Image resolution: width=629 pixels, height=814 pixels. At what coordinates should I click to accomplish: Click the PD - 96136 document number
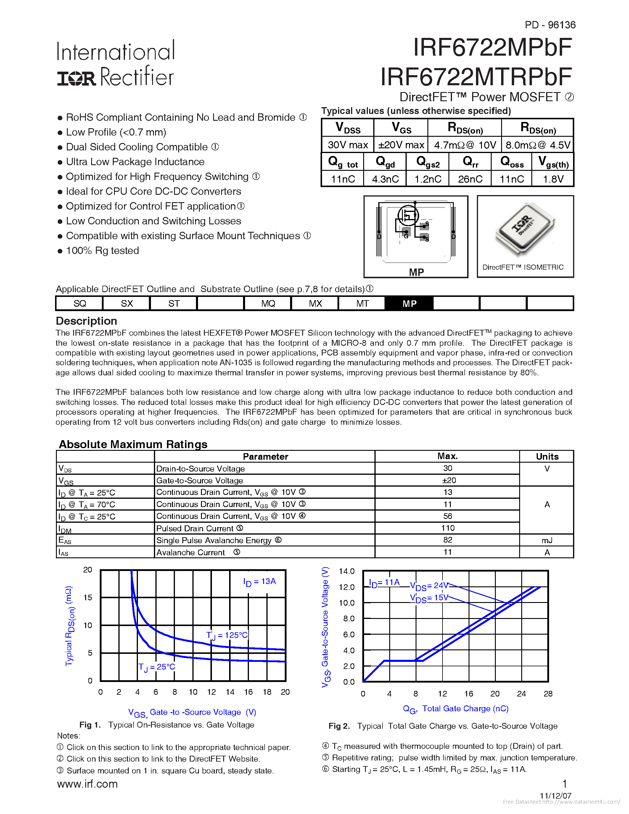pos(550,25)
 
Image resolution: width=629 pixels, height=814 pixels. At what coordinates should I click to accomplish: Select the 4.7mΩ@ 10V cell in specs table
pos(465,145)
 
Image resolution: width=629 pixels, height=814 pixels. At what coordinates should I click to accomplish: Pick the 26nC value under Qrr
pos(470,179)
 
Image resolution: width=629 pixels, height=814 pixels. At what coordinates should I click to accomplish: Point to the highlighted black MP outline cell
pos(409,303)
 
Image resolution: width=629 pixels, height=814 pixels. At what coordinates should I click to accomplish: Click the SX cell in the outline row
pos(127,303)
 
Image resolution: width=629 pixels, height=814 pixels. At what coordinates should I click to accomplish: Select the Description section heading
pos(86,321)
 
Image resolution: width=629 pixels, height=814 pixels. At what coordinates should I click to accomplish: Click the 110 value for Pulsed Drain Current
pos(447,528)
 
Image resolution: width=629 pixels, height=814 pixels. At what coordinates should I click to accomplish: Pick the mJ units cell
pos(547,540)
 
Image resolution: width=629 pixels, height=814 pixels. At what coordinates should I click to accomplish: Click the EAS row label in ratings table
pos(65,540)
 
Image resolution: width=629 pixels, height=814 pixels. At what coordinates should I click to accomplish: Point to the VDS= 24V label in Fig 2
pos(429,586)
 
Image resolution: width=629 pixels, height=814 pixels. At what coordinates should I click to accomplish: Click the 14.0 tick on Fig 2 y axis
pos(346,571)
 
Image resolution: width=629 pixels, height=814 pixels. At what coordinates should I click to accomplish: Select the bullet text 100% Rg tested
pos(102,251)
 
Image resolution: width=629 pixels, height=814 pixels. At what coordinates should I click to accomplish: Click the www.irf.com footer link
pos(87,784)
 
